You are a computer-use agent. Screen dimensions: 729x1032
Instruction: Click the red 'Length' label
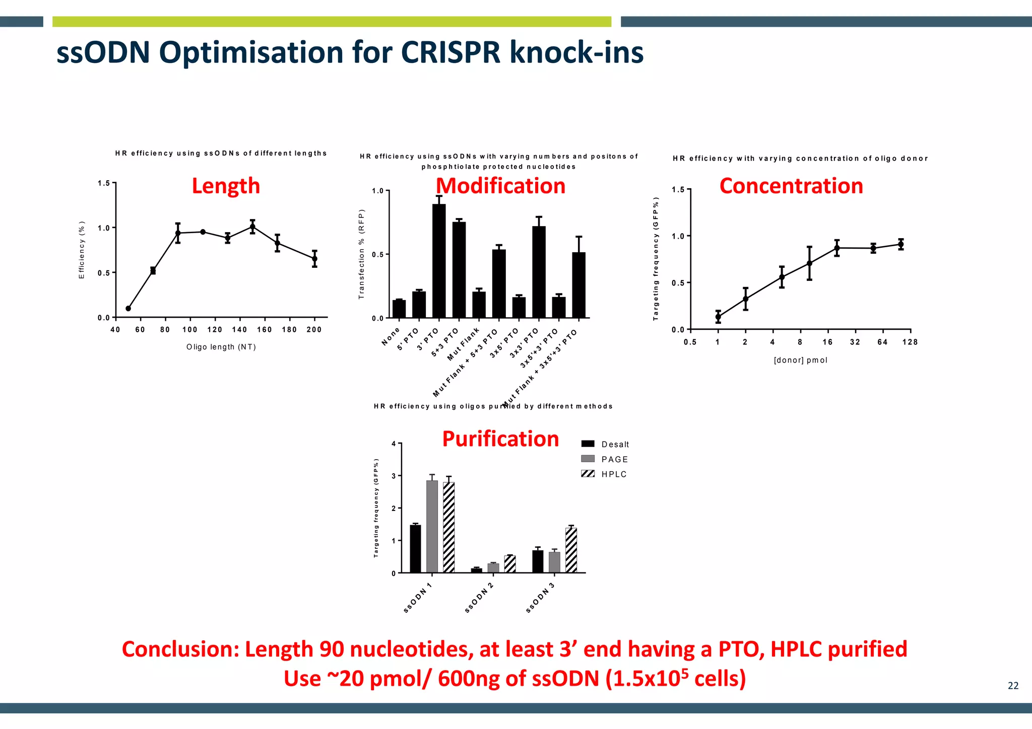pos(226,186)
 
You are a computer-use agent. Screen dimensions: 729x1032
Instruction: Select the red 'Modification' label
pos(500,186)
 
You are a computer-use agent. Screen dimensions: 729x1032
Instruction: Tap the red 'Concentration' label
pos(791,186)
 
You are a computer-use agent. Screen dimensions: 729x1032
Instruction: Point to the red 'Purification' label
pos(500,439)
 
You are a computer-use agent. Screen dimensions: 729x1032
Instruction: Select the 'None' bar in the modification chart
pos(399,309)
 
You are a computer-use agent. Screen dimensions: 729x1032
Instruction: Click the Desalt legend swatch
pos(588,444)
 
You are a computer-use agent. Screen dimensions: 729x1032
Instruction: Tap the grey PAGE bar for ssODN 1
pos(432,526)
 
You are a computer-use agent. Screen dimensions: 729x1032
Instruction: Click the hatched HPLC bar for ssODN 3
pos(571,550)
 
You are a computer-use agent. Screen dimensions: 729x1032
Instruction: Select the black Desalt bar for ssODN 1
pos(415,549)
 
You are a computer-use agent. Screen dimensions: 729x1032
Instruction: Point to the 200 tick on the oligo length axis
pos(314,330)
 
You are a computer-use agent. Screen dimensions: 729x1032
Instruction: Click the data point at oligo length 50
pos(128,309)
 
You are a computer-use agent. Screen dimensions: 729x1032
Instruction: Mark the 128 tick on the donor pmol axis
pos(910,342)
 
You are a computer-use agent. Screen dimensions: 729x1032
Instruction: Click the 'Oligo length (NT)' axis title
pos(221,347)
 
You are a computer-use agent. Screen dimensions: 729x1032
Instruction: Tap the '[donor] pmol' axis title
pos(800,360)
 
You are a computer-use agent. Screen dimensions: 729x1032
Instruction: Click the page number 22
pos(1013,686)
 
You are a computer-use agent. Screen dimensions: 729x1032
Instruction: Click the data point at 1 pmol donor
pos(718,317)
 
